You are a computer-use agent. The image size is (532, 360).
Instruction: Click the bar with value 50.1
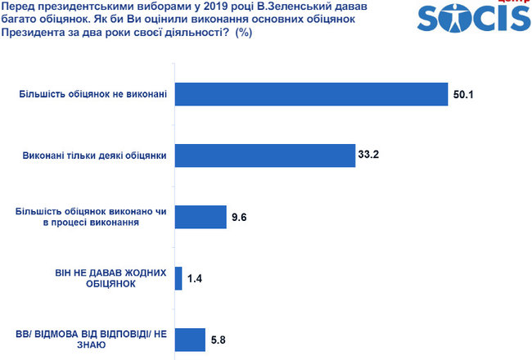click(x=311, y=94)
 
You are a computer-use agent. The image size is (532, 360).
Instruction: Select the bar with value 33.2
click(x=265, y=155)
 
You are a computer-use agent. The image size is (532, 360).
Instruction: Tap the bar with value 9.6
click(x=201, y=217)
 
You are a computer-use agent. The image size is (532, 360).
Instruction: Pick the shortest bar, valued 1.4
click(x=179, y=278)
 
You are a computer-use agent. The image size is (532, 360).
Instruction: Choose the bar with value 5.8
click(x=190, y=340)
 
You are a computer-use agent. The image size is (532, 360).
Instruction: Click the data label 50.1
click(x=464, y=95)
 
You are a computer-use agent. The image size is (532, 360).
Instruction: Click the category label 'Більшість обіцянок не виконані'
click(x=93, y=95)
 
